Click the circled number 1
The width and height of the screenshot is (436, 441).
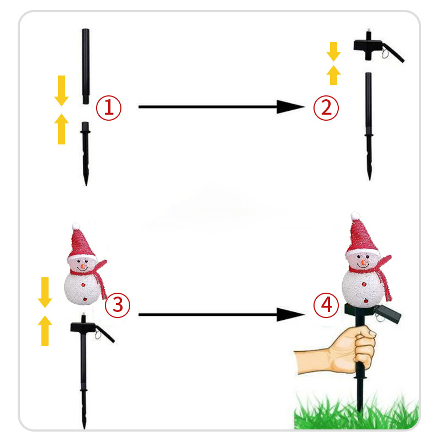tap(109, 108)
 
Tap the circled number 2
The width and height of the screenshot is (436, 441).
tap(326, 108)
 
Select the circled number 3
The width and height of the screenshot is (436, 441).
tap(118, 305)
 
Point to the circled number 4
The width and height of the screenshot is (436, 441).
tap(326, 305)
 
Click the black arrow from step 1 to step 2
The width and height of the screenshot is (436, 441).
tap(221, 107)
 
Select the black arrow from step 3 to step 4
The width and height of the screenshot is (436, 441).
tap(221, 314)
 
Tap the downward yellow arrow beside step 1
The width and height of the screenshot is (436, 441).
tap(61, 90)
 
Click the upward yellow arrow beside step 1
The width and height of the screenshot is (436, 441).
tap(61, 129)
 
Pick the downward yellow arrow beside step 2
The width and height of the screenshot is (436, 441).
tap(333, 51)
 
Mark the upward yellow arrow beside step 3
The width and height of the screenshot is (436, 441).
tap(45, 331)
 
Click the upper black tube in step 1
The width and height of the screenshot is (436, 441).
tap(86, 66)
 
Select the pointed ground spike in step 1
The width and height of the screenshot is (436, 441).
tap(86, 154)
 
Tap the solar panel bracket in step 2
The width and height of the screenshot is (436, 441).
tap(377, 48)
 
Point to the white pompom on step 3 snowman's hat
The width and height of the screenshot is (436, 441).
tap(76, 226)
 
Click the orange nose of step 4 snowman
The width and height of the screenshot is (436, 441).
tap(364, 263)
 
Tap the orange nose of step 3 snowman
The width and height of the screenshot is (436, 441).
tap(83, 266)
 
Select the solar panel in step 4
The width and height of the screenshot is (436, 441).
tap(387, 314)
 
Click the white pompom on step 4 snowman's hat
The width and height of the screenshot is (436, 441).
tap(355, 216)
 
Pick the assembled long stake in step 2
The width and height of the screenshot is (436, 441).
tap(369, 126)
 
